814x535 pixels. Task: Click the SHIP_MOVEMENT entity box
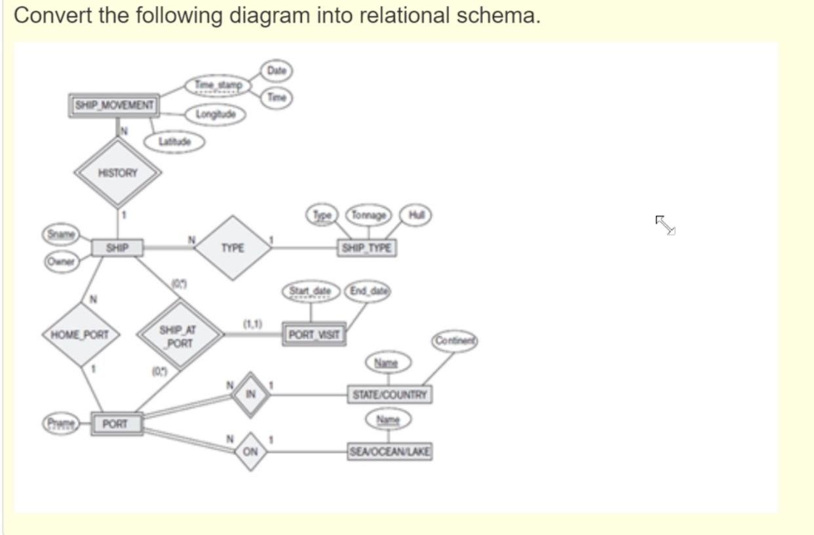114,105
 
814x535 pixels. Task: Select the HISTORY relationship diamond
118,173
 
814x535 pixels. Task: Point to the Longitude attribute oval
216,115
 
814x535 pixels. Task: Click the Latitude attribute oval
174,141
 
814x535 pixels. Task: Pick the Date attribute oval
277,70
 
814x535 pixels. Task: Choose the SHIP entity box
117,248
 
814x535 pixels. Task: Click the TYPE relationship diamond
233,248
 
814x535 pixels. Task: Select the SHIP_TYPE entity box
367,248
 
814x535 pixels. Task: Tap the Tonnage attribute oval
368,215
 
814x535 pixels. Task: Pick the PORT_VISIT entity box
315,335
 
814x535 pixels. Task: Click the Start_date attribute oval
311,291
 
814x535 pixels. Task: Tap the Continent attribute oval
455,341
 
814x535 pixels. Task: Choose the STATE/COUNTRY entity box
389,395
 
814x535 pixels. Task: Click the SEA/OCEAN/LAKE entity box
389,451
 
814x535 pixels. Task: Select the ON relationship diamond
250,452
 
